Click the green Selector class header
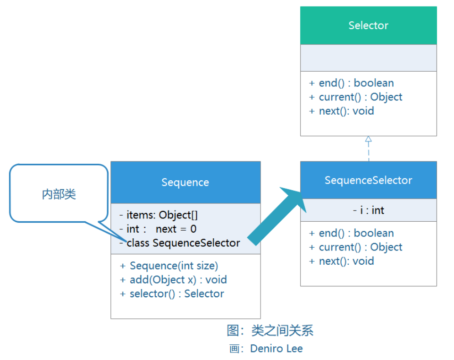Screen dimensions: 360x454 point(368,25)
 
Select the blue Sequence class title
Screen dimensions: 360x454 point(185,183)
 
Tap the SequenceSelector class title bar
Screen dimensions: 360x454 point(368,180)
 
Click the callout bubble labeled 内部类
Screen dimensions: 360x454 point(59,194)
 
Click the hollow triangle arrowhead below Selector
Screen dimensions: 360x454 point(368,139)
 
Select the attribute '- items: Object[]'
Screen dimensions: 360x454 point(159,215)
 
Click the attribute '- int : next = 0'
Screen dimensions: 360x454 point(158,229)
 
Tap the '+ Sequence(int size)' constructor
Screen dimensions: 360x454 point(169,266)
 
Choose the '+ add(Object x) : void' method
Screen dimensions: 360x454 point(173,280)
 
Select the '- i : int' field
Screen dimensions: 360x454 point(368,210)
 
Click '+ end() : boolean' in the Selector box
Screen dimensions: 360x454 point(351,83)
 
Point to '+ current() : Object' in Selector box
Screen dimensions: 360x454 point(356,97)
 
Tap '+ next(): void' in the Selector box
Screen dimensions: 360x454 point(341,111)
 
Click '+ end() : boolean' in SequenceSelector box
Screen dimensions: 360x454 point(351,233)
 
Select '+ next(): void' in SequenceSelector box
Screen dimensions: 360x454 point(341,261)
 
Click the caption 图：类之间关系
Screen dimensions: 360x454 point(270,331)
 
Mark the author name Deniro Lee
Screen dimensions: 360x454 point(276,349)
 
